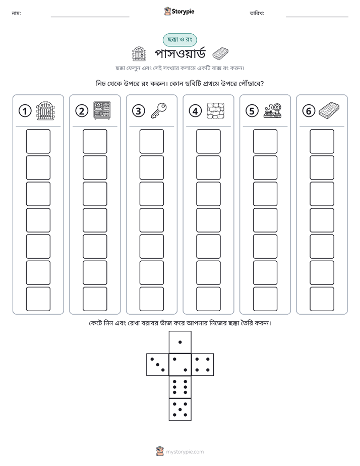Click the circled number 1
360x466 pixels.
25,111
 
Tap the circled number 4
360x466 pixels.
195,111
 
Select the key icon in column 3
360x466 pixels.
159,110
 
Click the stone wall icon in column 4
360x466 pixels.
216,111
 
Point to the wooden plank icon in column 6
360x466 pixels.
329,109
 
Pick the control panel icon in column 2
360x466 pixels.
102,110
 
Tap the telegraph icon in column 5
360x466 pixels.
273,110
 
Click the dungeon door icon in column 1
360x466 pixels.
45,110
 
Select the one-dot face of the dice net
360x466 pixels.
180,342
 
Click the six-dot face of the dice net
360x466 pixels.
180,387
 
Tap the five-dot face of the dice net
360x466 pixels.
180,409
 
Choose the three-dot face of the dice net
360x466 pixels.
158,364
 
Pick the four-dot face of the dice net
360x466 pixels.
203,364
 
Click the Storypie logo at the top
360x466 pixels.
179,11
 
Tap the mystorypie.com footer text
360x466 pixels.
185,452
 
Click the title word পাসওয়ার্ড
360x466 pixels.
180,54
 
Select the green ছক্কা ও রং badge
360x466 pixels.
179,40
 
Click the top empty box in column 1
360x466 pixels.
38,141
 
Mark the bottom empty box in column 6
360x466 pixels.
322,299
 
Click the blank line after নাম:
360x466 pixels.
90,17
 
